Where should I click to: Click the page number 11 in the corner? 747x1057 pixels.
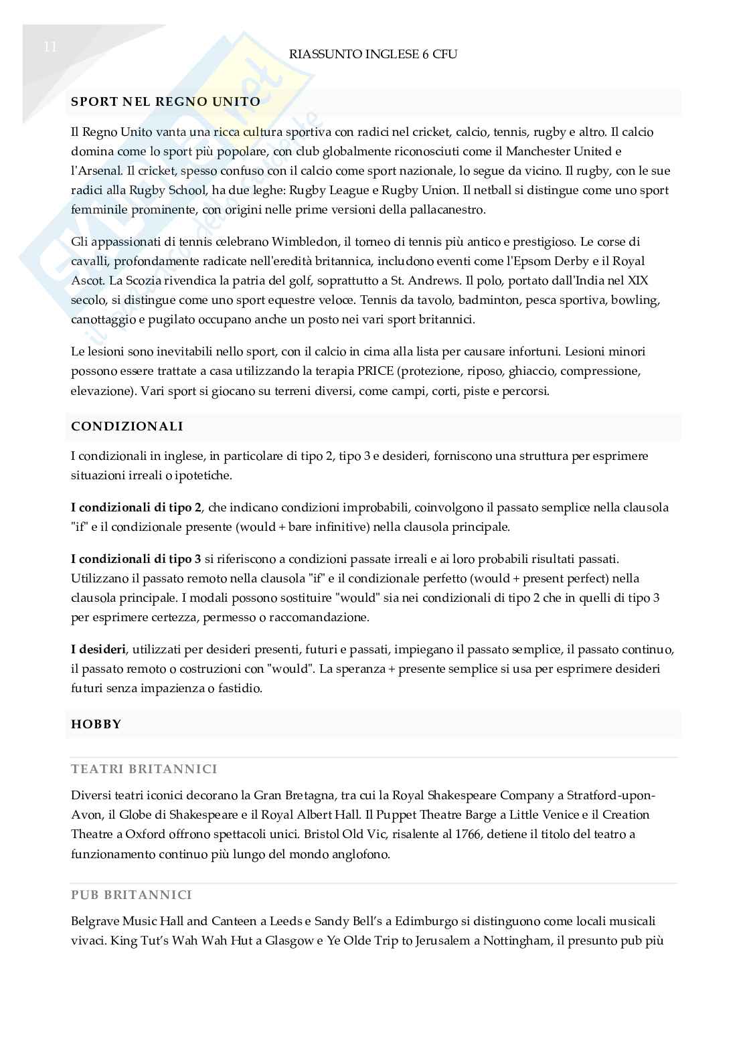50,47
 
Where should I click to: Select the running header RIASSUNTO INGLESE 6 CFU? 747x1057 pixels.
373,54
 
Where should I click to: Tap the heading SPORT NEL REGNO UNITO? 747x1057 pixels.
165,102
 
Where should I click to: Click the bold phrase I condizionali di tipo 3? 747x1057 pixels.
136,559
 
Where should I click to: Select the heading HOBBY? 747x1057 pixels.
96,724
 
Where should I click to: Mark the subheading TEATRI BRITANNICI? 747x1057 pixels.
144,769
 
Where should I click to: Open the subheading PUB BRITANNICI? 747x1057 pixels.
131,895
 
